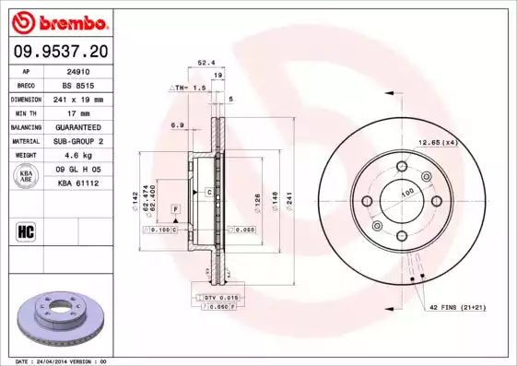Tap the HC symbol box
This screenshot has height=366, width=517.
click(x=27, y=230)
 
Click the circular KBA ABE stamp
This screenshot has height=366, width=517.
click(x=27, y=177)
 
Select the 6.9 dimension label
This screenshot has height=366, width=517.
click(x=178, y=124)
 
